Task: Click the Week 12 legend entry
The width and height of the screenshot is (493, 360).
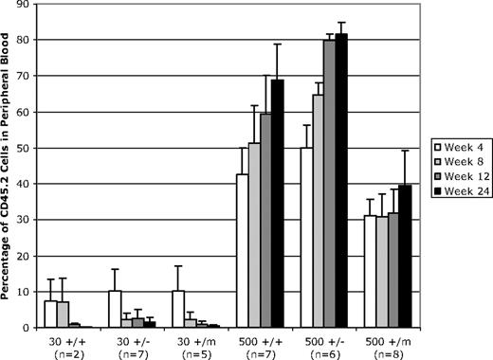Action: pyautogui.click(x=459, y=177)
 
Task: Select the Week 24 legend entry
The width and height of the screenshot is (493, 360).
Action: pyautogui.click(x=459, y=192)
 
